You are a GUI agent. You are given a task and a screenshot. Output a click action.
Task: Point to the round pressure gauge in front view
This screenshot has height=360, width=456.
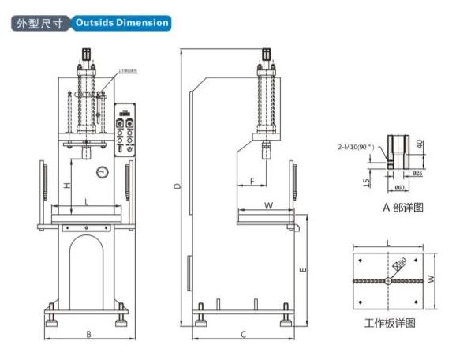click(103, 172)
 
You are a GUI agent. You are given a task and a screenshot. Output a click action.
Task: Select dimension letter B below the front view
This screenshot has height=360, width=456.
click(88, 335)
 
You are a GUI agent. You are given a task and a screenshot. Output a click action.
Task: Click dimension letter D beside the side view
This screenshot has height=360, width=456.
click(178, 186)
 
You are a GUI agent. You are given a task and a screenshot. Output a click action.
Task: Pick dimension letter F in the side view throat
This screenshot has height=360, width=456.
click(252, 182)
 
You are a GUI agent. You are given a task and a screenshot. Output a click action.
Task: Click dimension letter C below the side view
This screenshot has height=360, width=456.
click(243, 335)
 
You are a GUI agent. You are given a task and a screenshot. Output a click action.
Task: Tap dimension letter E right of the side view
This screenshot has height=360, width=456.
click(303, 269)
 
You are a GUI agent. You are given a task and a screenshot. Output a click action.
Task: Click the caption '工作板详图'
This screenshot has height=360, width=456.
click(389, 323)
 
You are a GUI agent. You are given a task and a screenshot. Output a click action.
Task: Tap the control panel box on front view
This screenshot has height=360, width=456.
click(125, 129)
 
